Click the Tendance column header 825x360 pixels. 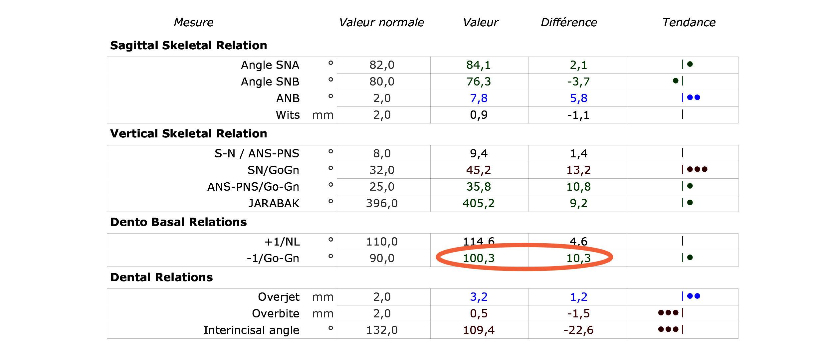[689, 22]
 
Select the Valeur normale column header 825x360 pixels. [381, 22]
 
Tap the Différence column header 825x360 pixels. [569, 22]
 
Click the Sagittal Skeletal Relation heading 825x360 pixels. [188, 45]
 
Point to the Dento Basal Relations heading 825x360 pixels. [178, 222]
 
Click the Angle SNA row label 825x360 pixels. [270, 65]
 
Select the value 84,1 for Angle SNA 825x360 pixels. [479, 65]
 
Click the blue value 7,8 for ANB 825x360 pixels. [479, 98]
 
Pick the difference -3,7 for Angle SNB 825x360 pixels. [578, 82]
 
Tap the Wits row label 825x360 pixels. [288, 115]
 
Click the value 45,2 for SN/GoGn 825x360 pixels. [479, 170]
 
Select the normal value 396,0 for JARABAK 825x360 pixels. [382, 203]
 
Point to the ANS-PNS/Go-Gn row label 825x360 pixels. [253, 187]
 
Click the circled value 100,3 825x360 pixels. [479, 258]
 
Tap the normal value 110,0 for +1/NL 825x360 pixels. [382, 242]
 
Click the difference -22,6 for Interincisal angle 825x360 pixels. [578, 330]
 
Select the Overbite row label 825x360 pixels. [276, 313]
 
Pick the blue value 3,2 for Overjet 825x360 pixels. [479, 297]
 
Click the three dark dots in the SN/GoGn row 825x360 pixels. [697, 169]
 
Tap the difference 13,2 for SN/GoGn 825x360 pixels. [578, 170]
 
